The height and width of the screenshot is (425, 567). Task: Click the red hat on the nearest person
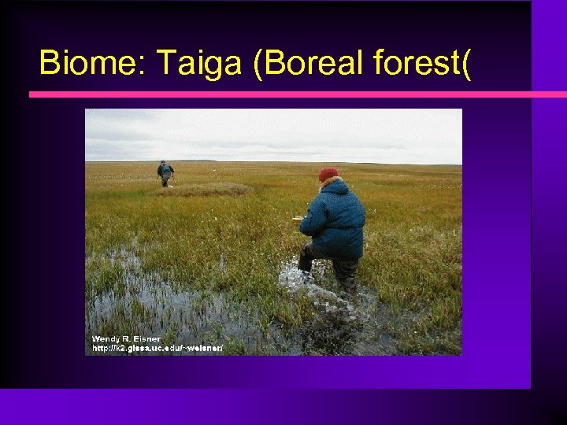pyautogui.click(x=328, y=174)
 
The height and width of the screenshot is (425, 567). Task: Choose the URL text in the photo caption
pyautogui.click(x=157, y=348)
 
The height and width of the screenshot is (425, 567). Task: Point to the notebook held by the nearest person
pyautogui.click(x=298, y=220)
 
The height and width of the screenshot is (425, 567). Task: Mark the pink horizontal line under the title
pyautogui.click(x=283, y=94)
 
